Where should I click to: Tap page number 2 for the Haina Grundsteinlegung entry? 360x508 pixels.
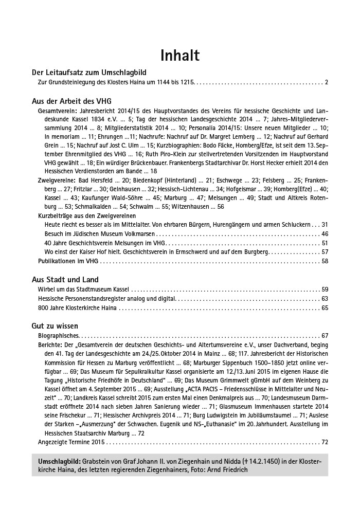pyautogui.click(x=326, y=82)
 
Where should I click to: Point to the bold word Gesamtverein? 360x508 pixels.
pyautogui.click(x=58, y=111)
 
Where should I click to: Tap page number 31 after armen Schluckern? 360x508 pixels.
pyautogui.click(x=324, y=225)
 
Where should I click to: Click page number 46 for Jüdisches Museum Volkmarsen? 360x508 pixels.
pyautogui.click(x=324, y=234)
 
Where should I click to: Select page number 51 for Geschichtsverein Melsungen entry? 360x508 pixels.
pyautogui.click(x=324, y=243)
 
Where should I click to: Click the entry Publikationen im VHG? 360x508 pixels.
pyautogui.click(x=68, y=261)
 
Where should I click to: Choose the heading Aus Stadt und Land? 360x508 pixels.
pyautogui.click(x=65, y=280)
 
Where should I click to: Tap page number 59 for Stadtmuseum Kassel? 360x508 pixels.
pyautogui.click(x=324, y=289)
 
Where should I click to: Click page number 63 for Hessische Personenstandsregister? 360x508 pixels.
pyautogui.click(x=324, y=299)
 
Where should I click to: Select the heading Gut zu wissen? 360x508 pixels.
pyautogui.click(x=55, y=326)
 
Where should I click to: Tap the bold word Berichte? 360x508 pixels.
pyautogui.click(x=50, y=344)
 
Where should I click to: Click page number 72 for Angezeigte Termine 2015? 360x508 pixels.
pyautogui.click(x=324, y=442)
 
